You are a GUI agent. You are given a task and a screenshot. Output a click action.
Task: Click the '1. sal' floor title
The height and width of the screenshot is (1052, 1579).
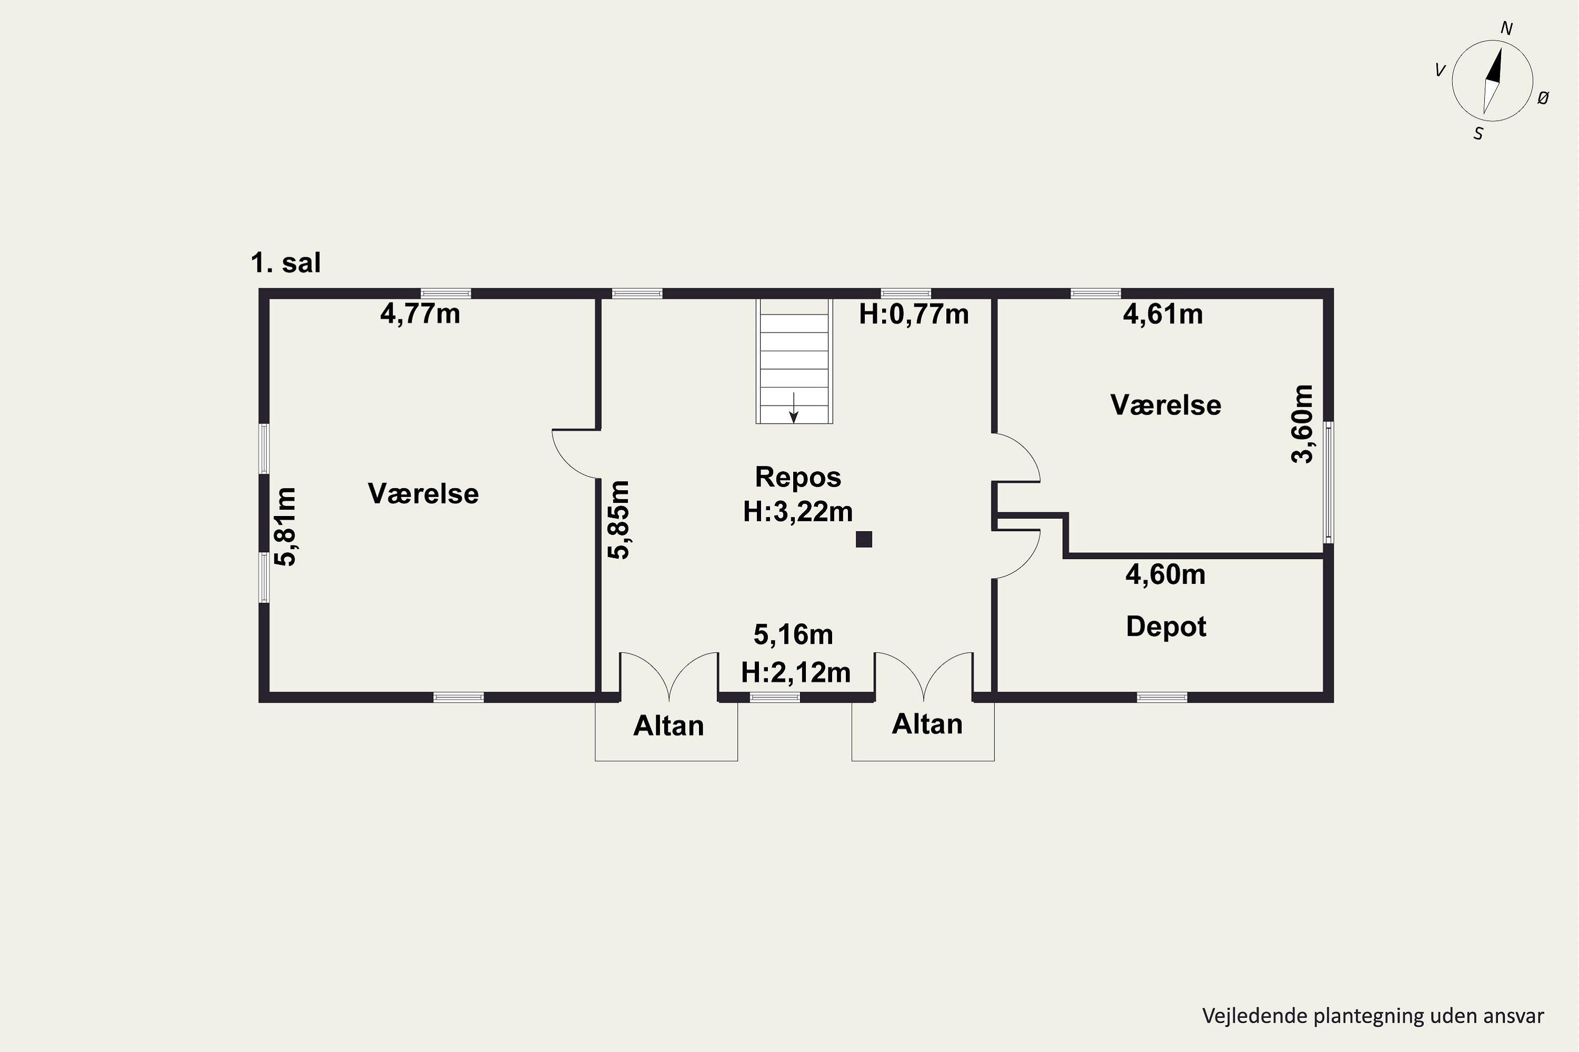point(285,263)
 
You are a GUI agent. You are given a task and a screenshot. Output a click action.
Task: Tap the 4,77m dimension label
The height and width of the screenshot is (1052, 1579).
point(420,314)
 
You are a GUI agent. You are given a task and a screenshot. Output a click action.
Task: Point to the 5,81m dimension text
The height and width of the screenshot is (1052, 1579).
point(286,527)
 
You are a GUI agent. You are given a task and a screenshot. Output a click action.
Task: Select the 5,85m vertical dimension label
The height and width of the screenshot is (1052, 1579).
point(618,520)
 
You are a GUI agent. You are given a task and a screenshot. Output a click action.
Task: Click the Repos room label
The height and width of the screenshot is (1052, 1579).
point(797,477)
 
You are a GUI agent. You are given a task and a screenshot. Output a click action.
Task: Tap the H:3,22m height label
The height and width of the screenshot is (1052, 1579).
point(797,512)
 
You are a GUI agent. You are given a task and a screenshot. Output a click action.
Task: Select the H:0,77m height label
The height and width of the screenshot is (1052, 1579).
point(914,314)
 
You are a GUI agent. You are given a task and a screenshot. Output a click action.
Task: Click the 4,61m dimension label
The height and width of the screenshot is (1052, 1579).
point(1163,314)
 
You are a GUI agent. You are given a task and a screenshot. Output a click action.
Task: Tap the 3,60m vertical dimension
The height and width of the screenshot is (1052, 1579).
point(1302,424)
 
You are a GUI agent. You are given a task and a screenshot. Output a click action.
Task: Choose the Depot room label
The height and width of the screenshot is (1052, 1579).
point(1166,626)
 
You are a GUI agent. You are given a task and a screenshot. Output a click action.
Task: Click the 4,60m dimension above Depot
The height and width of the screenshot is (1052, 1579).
point(1165,575)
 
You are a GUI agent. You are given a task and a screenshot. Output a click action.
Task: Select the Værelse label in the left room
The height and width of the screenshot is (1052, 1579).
point(423,494)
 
